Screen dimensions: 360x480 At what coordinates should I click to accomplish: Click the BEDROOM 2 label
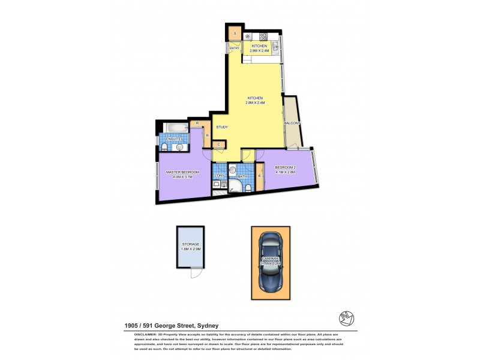pos(286,169)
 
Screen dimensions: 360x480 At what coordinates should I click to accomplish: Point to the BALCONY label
pos(292,124)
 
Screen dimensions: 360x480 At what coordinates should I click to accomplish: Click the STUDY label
pos(222,127)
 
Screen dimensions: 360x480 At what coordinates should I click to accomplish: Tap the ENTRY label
pos(235,48)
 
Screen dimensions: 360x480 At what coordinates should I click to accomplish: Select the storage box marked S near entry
pos(235,33)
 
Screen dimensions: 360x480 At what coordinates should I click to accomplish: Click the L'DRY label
pos(220,175)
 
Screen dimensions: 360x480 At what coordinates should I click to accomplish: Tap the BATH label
pos(242,176)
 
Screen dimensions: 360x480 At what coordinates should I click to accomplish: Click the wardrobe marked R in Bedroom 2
pos(259,176)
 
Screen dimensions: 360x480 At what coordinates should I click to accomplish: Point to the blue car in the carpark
pos(270,262)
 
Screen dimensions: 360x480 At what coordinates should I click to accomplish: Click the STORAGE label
pos(191,244)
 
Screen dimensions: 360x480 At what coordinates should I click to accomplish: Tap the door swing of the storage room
pos(195,274)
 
